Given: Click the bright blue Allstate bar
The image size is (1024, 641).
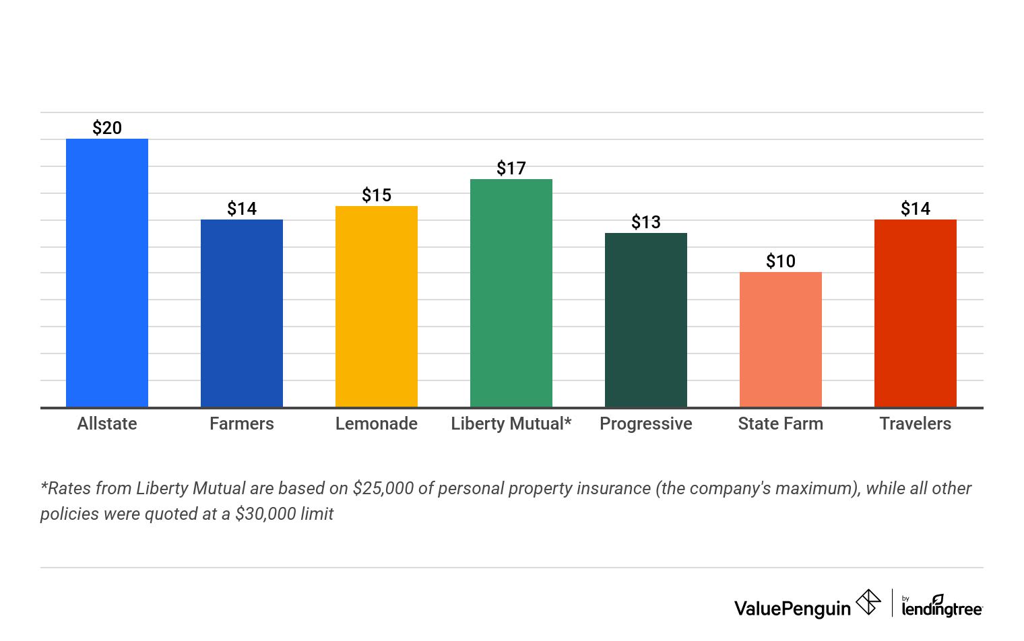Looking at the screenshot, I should click(x=106, y=273).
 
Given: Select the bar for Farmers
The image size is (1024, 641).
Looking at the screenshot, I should click(x=241, y=313).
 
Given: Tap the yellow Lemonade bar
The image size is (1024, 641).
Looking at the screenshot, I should click(x=376, y=306).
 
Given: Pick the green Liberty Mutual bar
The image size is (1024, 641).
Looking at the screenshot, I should click(x=511, y=293).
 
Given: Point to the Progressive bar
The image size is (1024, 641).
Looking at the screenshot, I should click(x=645, y=320).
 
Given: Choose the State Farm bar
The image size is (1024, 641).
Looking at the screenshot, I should click(x=780, y=340).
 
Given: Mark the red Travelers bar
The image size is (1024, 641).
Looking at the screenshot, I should click(x=915, y=313).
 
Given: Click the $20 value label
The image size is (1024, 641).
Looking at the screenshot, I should click(x=107, y=128).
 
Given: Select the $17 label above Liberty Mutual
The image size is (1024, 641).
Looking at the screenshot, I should click(x=511, y=168).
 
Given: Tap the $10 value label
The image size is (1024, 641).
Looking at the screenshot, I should click(x=781, y=261).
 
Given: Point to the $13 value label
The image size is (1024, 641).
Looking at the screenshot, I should click(x=646, y=222).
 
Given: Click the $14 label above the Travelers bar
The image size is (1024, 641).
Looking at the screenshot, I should click(x=916, y=209).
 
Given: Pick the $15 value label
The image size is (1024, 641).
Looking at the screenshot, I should click(x=377, y=195).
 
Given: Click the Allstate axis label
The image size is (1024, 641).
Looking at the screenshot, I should click(x=107, y=424).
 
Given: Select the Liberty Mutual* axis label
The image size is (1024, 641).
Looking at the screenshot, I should click(x=511, y=424).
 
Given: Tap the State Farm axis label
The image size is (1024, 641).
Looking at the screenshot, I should click(x=781, y=424).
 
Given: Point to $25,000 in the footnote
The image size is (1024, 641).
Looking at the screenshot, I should click(x=383, y=488).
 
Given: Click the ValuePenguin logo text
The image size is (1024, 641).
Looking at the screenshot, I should click(x=792, y=609).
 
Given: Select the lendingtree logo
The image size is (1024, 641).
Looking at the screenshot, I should click(x=942, y=606).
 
